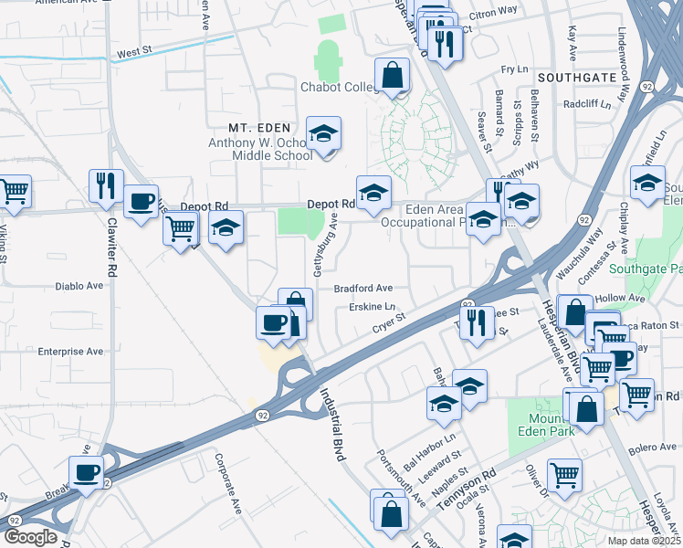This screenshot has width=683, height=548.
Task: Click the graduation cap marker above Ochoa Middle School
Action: (x=323, y=134)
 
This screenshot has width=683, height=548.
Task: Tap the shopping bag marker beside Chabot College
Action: (x=393, y=76)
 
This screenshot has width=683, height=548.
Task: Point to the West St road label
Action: (x=133, y=54)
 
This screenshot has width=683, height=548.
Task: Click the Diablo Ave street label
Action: (x=82, y=285)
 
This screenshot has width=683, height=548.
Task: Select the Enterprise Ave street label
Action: (x=70, y=351)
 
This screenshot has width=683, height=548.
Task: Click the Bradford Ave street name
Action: (x=363, y=287)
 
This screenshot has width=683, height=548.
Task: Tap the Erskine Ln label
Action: (x=372, y=308)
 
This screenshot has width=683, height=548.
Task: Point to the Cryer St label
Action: (x=388, y=327)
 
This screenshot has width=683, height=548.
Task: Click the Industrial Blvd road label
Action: (x=330, y=424)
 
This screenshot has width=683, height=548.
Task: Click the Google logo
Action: (x=30, y=537)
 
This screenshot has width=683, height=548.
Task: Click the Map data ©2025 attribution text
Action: (x=643, y=541)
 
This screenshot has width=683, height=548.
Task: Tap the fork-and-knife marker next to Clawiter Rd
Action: (x=106, y=186)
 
